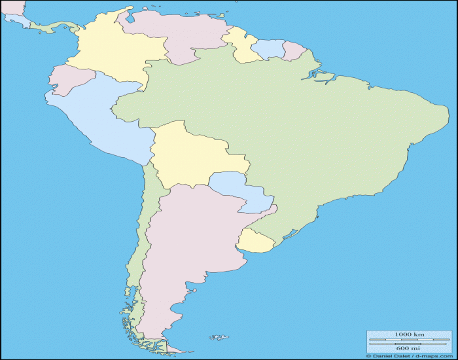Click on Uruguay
click(254, 241)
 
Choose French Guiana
click(293, 51)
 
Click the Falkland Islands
click(219, 338)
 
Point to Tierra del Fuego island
click(157, 345)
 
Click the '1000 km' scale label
click(409, 335)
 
